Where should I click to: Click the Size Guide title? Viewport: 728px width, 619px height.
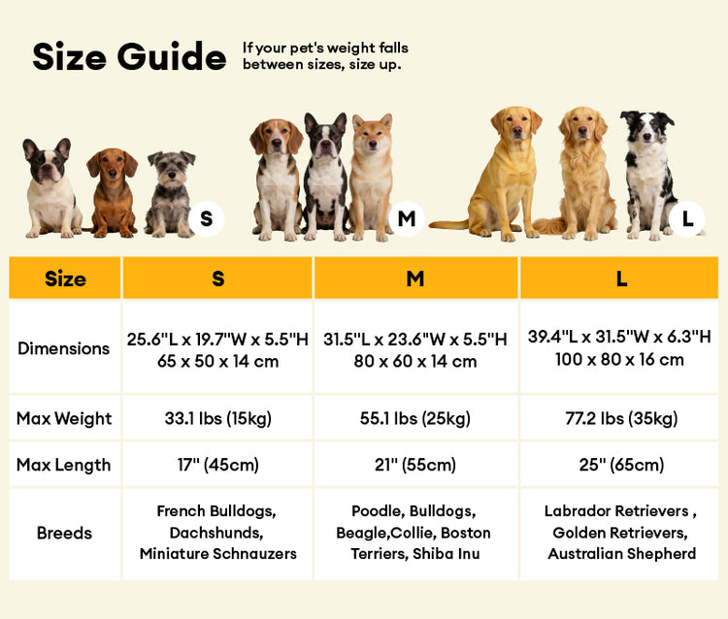click(129, 57)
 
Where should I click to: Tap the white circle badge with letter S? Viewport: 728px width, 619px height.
click(206, 219)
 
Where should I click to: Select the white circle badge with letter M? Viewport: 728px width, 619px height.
click(406, 219)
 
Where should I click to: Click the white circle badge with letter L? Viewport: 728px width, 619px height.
click(687, 219)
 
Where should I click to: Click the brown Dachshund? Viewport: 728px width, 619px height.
click(113, 194)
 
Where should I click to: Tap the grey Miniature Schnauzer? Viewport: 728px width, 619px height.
click(171, 194)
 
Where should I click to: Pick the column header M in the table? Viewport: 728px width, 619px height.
click(415, 278)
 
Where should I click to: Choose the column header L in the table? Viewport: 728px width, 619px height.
click(621, 278)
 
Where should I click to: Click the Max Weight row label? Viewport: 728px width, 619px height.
click(64, 419)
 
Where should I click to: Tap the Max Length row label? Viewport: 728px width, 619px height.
click(64, 465)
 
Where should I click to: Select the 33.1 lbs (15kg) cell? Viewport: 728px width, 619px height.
click(218, 419)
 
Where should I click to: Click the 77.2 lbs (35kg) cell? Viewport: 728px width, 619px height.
click(621, 419)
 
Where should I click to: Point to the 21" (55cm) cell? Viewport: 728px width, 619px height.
click(415, 465)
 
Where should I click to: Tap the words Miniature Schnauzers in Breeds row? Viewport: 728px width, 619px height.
click(218, 554)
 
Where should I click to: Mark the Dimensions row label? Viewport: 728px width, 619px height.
click(64, 348)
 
